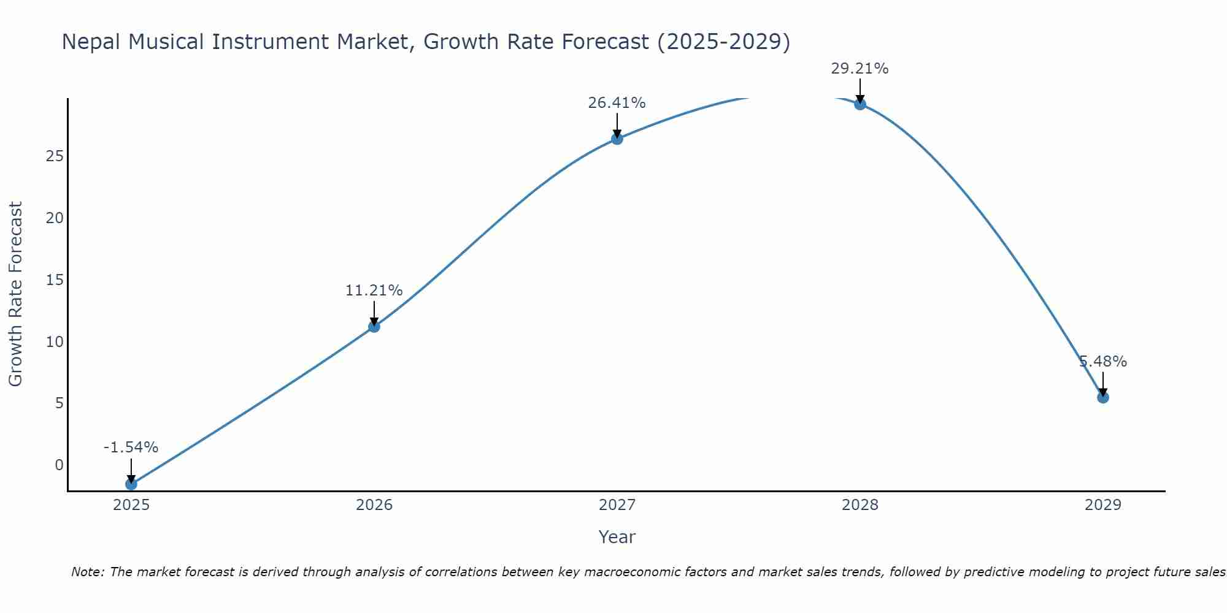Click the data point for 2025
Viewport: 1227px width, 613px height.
coord(131,484)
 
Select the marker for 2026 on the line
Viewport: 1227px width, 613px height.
coord(374,326)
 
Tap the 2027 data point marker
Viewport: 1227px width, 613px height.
coord(617,139)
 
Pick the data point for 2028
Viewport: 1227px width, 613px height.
coord(860,104)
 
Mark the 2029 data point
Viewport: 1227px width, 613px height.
coord(1102,397)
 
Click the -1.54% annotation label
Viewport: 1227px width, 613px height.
coord(131,447)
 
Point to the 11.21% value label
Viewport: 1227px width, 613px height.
coord(374,290)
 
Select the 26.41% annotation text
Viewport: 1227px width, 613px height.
coord(617,103)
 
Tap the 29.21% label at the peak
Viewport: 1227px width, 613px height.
coord(860,69)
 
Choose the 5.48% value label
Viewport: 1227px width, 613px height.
coord(1102,362)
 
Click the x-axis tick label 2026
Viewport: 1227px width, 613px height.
coord(374,505)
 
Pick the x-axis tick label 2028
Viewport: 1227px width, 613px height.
coord(860,505)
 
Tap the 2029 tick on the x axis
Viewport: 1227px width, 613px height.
coord(1102,505)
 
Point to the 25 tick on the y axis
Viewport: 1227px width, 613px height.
coord(55,156)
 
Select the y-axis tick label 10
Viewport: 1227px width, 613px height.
coord(55,341)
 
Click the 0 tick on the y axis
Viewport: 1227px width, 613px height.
coord(59,465)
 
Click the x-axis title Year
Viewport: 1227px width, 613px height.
coord(617,537)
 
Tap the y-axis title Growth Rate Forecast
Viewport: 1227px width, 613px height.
coord(15,294)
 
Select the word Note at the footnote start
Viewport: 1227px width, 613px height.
coord(88,572)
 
